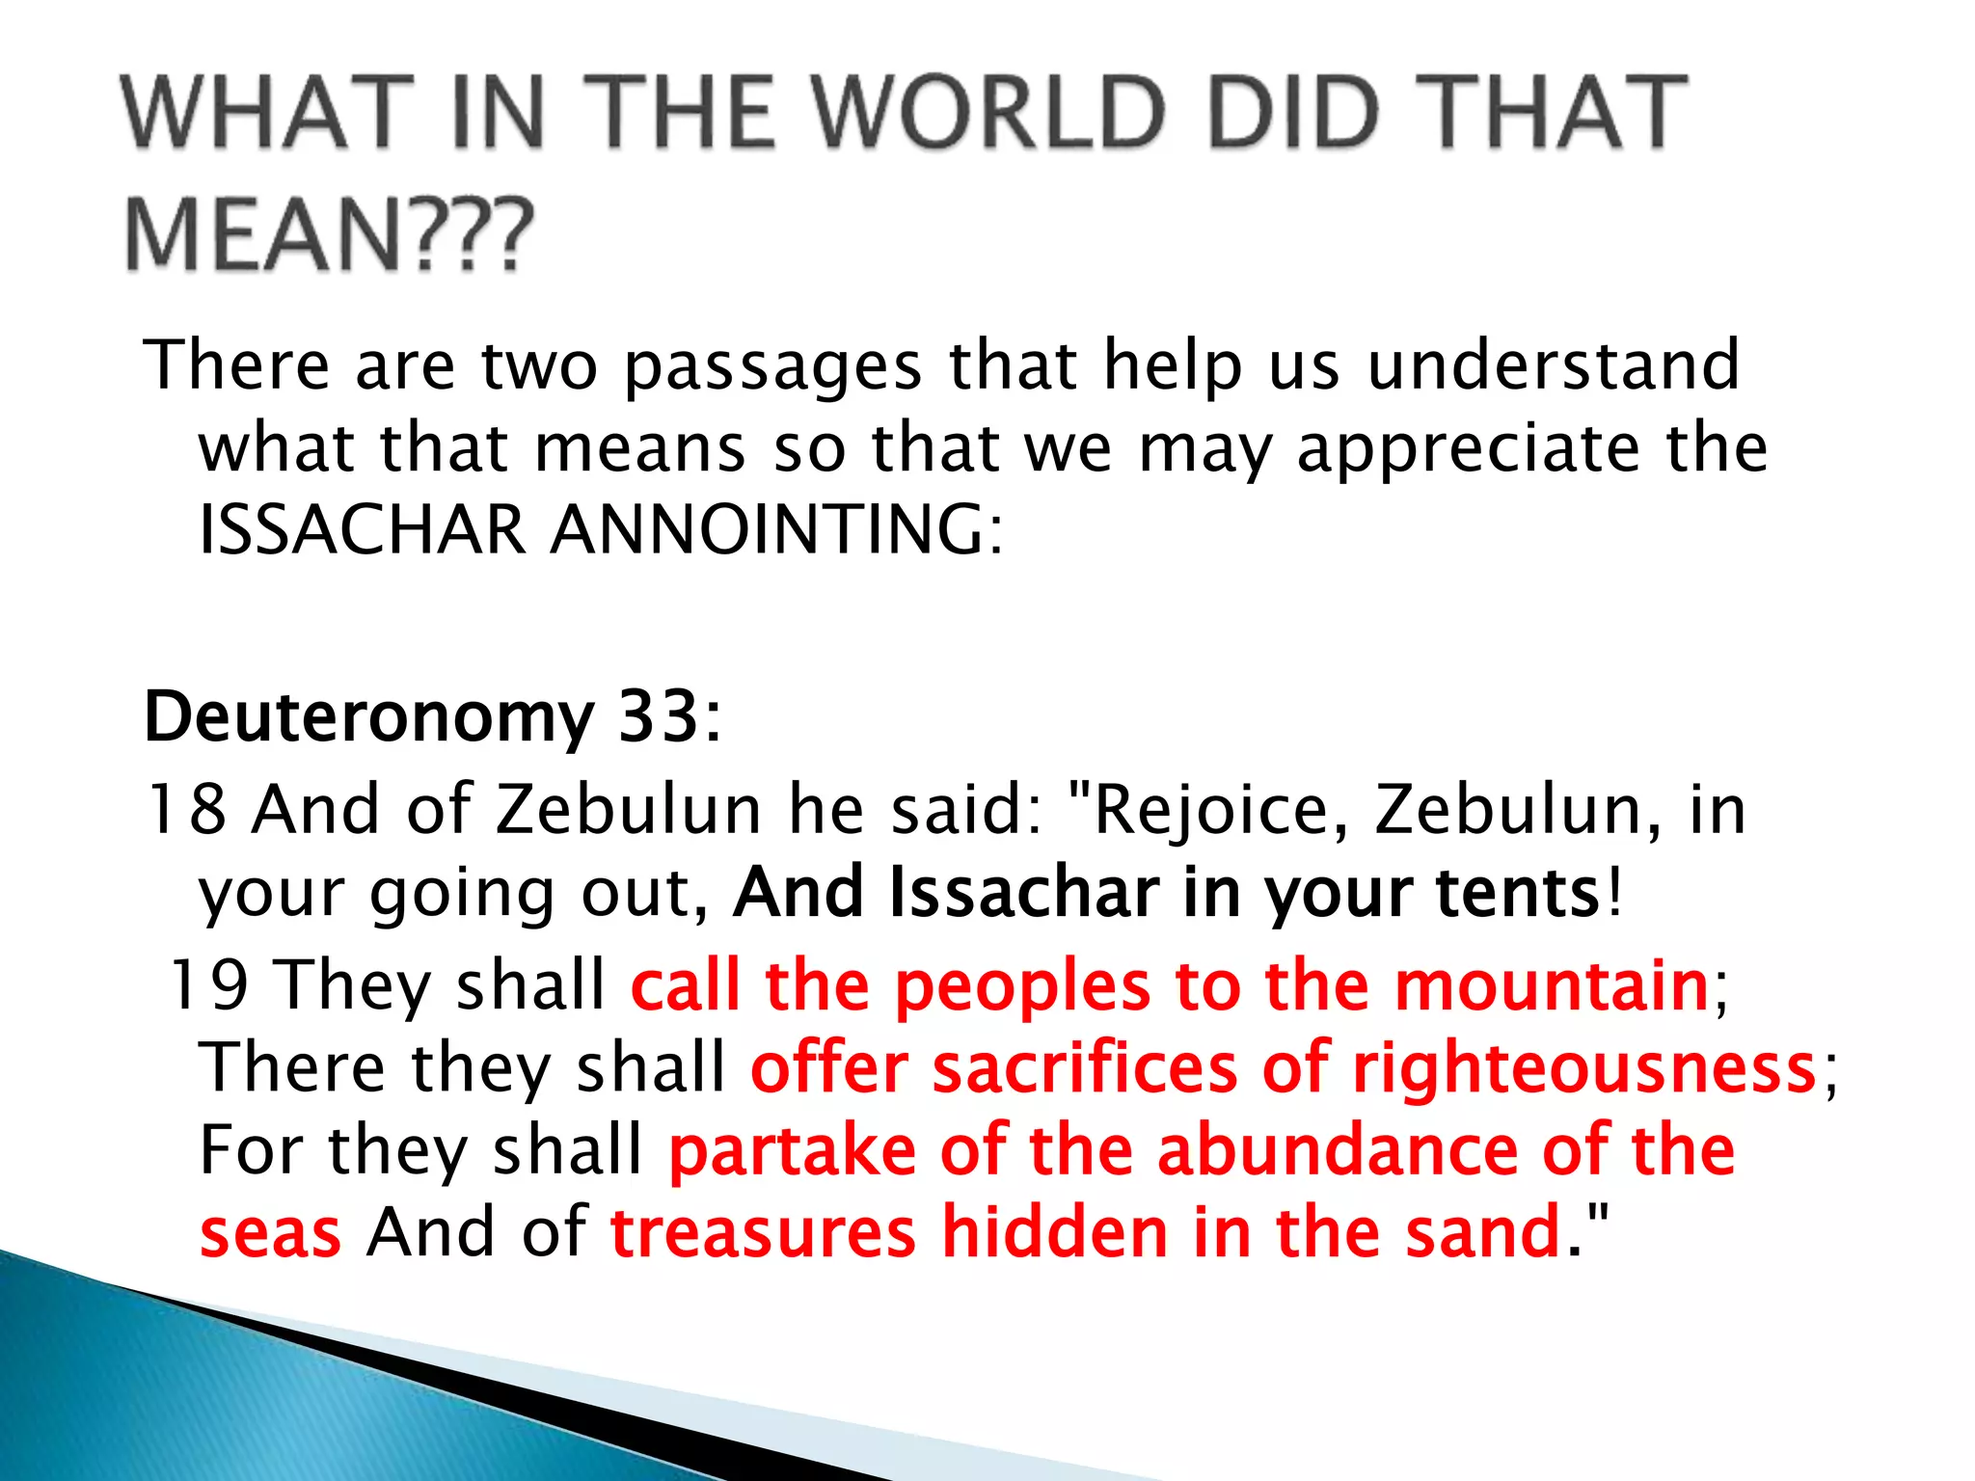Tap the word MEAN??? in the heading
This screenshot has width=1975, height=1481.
329,234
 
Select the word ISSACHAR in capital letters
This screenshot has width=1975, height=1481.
363,530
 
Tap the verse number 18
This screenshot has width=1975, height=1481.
186,809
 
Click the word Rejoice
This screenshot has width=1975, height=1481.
1220,811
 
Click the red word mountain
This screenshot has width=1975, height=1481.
1552,985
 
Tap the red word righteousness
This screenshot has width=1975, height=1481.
1583,1069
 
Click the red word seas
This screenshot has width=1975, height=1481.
271,1233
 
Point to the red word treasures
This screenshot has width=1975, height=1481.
763,1233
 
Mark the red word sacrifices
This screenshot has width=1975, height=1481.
1085,1069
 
